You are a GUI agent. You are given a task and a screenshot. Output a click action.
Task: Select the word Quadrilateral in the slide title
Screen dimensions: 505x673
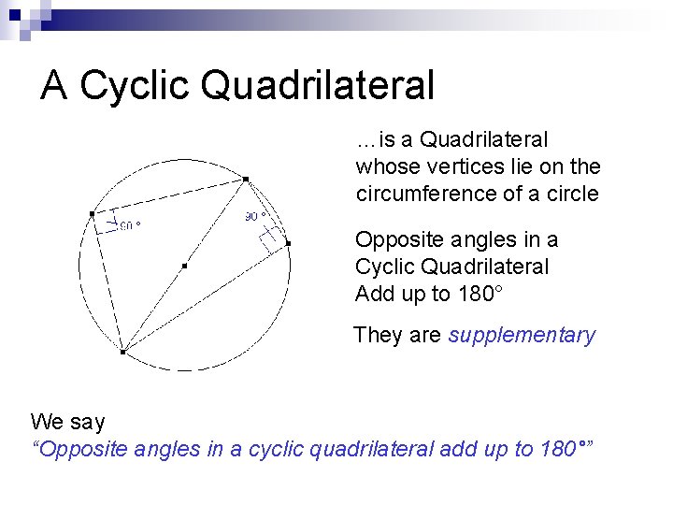(x=318, y=85)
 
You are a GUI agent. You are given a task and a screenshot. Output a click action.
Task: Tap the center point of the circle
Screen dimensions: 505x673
(x=184, y=267)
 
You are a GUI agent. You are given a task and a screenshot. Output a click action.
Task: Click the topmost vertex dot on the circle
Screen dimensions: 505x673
(x=245, y=179)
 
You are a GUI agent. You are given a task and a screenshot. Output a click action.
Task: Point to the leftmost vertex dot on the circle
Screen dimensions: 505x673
(x=92, y=213)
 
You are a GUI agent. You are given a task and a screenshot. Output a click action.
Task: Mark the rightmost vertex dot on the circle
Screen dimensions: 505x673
(x=288, y=243)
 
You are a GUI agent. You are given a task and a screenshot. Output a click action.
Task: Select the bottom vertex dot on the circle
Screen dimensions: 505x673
(x=122, y=352)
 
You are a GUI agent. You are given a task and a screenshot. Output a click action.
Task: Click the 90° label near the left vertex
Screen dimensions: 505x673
(x=129, y=224)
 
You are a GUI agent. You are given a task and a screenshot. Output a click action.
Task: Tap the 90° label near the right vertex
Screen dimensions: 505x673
(x=256, y=216)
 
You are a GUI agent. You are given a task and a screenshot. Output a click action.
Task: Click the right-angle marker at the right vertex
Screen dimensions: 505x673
(x=272, y=239)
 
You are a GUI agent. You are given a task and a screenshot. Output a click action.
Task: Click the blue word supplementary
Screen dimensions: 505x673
(x=522, y=335)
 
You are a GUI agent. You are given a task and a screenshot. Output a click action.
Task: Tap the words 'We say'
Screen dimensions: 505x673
(x=67, y=422)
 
